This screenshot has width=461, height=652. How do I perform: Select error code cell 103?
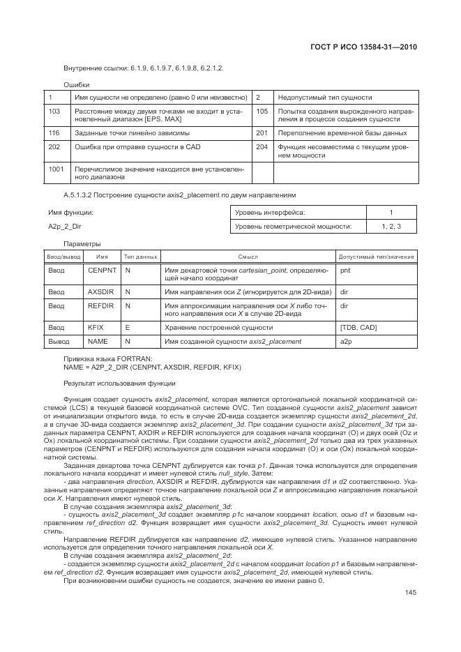pyautogui.click(x=54, y=111)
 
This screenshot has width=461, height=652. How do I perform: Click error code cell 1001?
pyautogui.click(x=56, y=168)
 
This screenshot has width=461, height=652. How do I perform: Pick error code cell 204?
pyautogui.click(x=262, y=147)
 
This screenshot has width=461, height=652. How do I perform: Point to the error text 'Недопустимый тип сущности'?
pyautogui.click(x=324, y=98)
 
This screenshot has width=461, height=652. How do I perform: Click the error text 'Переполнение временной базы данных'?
pyautogui.click(x=342, y=132)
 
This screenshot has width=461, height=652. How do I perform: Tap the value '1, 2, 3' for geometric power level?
pyautogui.click(x=391, y=226)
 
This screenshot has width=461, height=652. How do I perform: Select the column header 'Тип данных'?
pyautogui.click(x=140, y=257)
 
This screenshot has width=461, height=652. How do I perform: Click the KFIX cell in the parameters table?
pyautogui.click(x=96, y=326)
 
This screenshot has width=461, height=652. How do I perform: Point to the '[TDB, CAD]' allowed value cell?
pyautogui.click(x=358, y=326)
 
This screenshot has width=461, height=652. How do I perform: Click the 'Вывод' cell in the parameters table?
pyautogui.click(x=59, y=341)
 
